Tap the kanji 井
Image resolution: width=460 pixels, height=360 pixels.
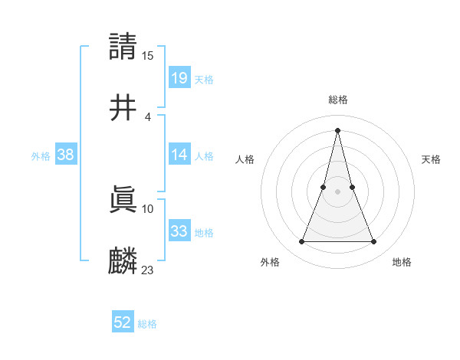[123, 108]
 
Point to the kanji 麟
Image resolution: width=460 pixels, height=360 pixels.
[123, 261]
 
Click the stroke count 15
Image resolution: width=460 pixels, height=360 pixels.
[148, 55]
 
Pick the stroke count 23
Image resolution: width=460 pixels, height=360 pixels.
[148, 270]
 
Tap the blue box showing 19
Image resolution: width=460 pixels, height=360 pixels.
[179, 77]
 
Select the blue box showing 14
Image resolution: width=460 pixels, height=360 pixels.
[179, 154]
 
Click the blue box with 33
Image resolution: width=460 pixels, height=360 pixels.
[179, 231]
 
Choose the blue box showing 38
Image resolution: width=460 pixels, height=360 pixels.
[66, 154]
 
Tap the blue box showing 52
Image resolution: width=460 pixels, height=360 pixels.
[123, 322]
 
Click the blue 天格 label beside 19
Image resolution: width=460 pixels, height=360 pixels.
[204, 80]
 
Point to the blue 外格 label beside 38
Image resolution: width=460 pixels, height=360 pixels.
[41, 156]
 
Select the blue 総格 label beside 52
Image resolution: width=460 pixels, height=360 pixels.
[147, 325]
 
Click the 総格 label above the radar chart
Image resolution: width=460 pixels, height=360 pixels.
[338, 100]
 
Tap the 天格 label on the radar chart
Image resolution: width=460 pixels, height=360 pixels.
[431, 159]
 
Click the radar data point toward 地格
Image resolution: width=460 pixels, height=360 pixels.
[374, 242]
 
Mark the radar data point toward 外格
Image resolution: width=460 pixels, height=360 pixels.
[301, 242]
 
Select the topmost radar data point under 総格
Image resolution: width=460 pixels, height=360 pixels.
[338, 130]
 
